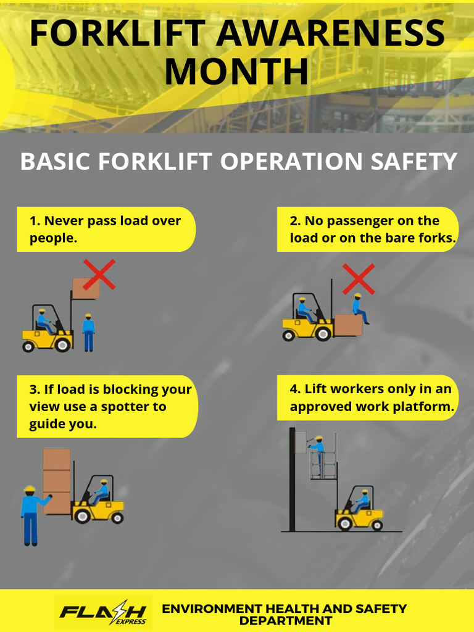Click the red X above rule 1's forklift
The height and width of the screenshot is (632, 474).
99,275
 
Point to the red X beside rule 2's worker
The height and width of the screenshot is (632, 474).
359,278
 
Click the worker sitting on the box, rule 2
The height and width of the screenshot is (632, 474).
359,309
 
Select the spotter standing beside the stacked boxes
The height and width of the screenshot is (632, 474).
30,514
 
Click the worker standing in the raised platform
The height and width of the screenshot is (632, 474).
318,451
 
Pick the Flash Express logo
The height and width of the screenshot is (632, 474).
103,612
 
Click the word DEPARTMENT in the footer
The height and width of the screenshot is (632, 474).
285,621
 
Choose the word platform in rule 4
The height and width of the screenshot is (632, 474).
426,407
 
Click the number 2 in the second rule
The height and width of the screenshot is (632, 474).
294,221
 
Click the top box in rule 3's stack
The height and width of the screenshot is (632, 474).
56,459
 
